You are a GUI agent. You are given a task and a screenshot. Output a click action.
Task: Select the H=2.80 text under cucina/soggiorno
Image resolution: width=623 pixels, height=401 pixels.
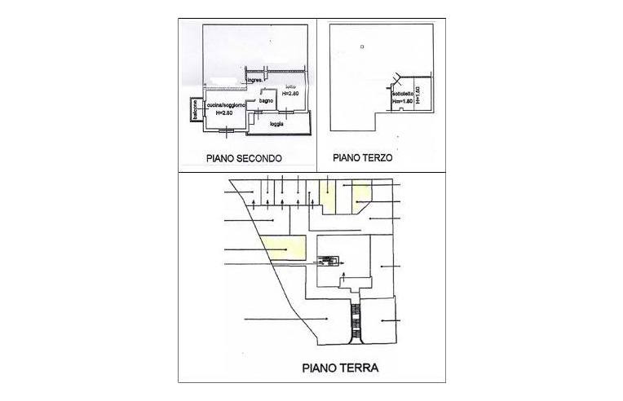[x=222, y=114]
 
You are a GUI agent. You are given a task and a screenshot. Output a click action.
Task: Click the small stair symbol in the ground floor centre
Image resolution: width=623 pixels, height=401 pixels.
[x=328, y=261]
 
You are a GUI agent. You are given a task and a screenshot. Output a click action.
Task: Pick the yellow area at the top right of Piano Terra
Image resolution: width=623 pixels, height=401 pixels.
[x=362, y=192]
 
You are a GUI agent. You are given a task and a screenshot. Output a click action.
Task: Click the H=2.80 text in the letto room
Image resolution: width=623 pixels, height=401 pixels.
[x=290, y=94]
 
